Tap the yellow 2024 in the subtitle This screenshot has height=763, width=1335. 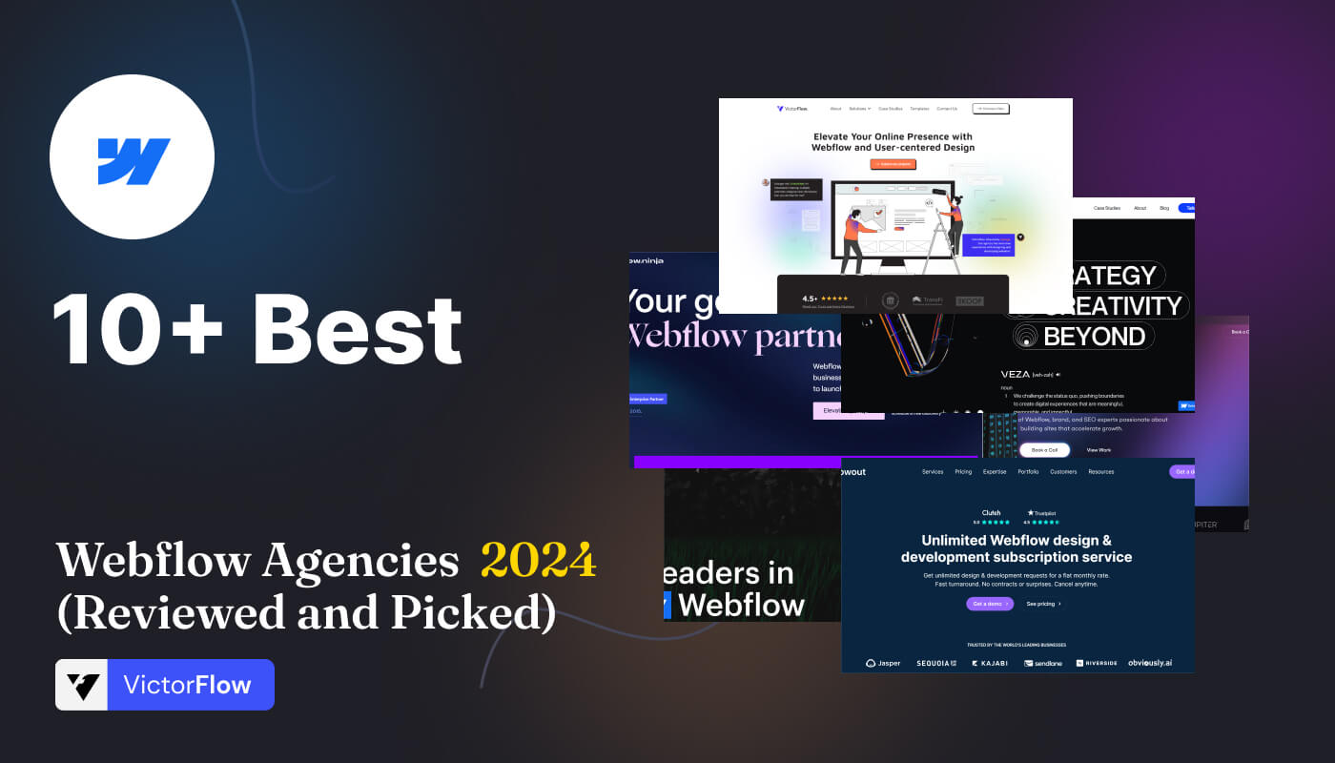click(538, 560)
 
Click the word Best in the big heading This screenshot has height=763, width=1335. click(358, 329)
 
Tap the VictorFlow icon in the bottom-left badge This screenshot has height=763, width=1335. click(82, 685)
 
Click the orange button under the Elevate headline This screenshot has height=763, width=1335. click(893, 164)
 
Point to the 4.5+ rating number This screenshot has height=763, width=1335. click(811, 299)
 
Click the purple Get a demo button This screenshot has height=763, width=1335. click(990, 604)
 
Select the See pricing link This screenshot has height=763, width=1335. click(1043, 604)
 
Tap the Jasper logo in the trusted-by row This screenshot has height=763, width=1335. click(883, 663)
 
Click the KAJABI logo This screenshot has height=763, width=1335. click(989, 663)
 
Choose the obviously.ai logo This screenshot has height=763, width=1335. click(1151, 663)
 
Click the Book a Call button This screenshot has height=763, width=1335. click(1044, 449)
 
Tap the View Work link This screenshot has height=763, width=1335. click(1099, 449)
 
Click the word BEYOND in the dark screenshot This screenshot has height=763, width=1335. click(1094, 337)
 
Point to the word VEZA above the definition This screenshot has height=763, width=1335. click(1015, 374)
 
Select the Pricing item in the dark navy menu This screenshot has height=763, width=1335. click(963, 471)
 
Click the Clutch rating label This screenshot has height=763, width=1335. click(991, 513)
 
